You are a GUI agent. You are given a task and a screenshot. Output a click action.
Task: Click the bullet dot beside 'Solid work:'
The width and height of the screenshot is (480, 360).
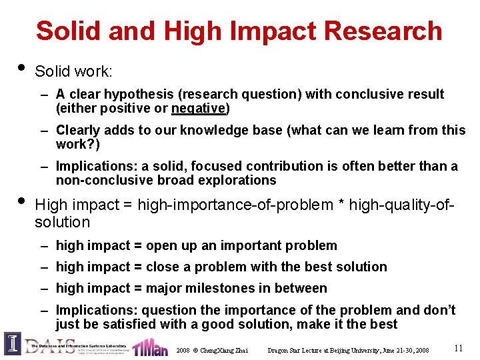coord(21,67)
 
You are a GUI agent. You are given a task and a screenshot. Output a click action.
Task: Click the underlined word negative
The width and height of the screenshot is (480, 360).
coord(199,108)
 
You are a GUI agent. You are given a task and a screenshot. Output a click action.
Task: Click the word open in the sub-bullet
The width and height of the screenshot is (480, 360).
coord(161,245)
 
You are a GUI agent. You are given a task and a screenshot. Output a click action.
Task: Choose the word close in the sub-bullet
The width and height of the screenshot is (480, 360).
coord(163,267)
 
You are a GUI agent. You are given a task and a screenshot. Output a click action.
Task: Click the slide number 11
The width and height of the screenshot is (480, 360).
coord(459,347)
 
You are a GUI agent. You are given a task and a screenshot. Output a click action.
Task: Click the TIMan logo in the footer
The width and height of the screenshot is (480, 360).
coord(150,347)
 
